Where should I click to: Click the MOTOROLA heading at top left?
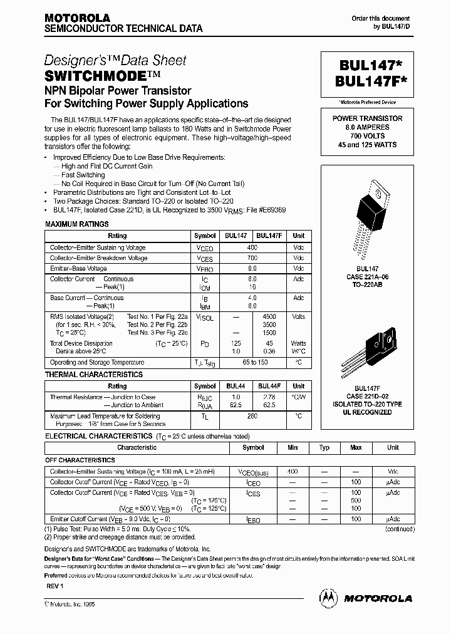coord(77,18)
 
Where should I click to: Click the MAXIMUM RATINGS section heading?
coord(77,224)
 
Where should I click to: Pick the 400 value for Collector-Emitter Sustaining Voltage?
coord(252,247)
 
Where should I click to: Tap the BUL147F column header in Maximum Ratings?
coord(269,236)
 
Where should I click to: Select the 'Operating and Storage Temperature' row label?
coord(97,363)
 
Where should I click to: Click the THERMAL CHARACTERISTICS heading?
coord(94,375)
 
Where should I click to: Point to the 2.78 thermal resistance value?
coord(269,397)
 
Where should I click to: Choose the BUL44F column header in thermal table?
coord(269,387)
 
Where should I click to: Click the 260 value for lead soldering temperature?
coord(252,416)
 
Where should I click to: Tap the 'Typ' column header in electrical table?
coord(324,448)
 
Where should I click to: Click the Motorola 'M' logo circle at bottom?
coord(328,598)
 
